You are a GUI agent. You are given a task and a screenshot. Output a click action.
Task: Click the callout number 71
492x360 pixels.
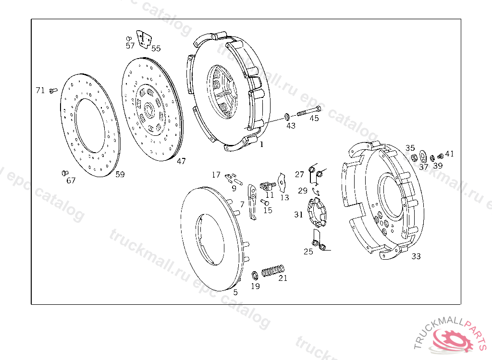(x=40, y=90)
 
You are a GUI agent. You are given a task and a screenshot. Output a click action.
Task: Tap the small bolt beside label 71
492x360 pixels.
(x=53, y=91)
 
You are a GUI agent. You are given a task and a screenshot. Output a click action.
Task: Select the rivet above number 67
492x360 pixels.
(x=65, y=173)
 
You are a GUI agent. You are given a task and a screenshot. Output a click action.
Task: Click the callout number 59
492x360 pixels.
(x=120, y=174)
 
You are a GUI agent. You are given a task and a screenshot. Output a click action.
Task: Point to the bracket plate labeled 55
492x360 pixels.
(x=144, y=40)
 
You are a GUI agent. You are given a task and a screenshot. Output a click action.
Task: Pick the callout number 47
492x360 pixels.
(x=181, y=161)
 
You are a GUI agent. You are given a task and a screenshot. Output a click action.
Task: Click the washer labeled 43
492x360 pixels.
(x=287, y=117)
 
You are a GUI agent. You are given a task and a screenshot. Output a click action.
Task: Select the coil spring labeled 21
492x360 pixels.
(x=273, y=271)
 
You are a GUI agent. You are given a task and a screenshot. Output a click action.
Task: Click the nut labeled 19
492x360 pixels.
(x=255, y=276)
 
